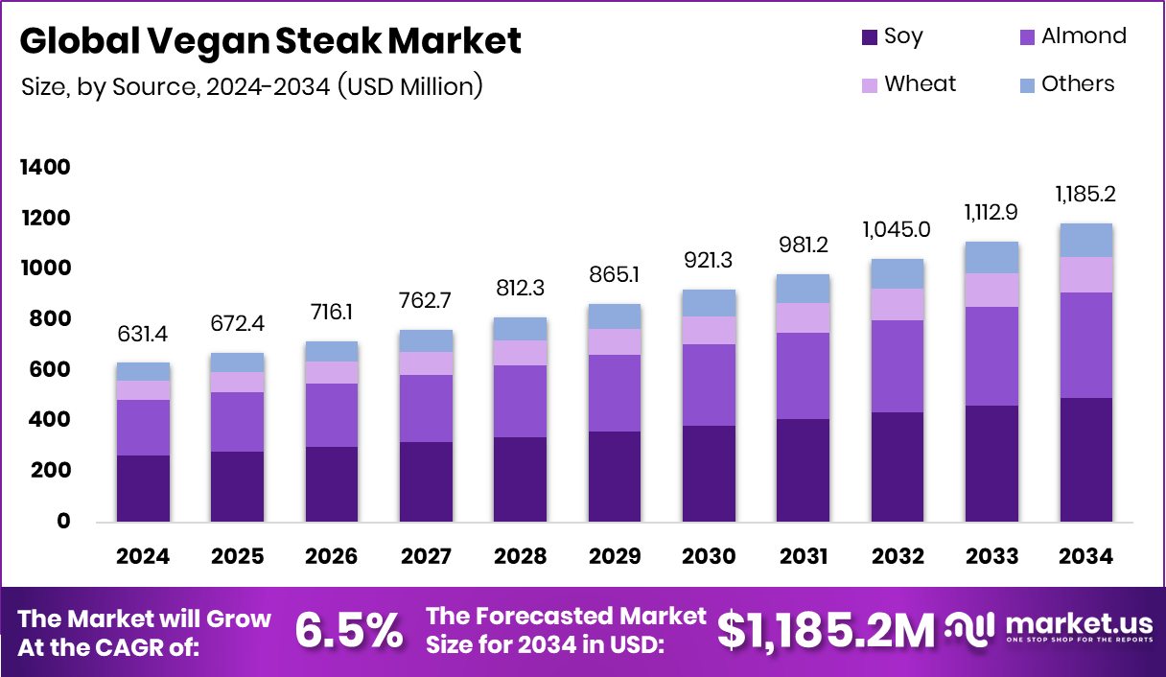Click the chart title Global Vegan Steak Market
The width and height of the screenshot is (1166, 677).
click(x=270, y=41)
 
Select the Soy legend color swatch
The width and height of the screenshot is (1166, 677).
click(x=869, y=38)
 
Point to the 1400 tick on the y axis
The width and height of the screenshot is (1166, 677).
click(x=45, y=168)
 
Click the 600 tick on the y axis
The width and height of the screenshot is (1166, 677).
click(x=50, y=369)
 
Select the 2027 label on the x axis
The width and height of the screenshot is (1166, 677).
click(x=426, y=557)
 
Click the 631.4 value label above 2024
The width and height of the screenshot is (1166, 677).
click(x=143, y=336)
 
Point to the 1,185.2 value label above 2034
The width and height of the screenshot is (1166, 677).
click(x=1086, y=195)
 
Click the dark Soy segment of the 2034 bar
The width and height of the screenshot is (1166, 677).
click(x=1086, y=460)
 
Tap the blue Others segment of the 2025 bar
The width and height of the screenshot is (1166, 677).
click(x=237, y=362)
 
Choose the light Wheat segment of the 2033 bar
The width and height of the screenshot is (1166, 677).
click(x=992, y=290)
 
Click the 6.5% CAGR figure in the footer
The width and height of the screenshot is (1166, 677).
click(x=348, y=631)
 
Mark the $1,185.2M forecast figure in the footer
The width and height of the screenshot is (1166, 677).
click(x=826, y=631)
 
